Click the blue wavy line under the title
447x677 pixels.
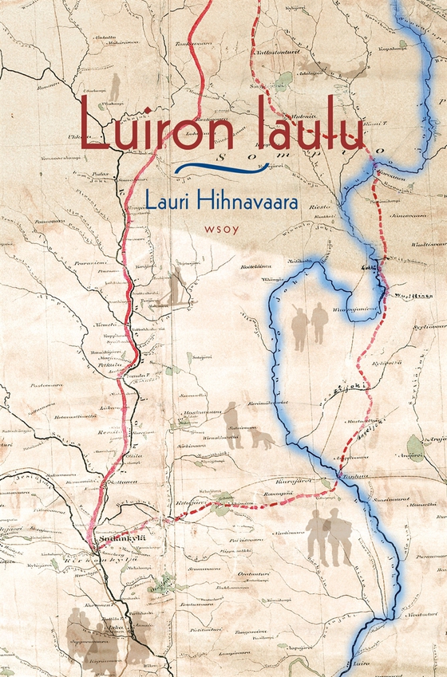(x=220, y=167)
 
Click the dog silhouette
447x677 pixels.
(x=261, y=438)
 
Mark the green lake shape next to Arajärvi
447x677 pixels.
(x=413, y=446)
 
